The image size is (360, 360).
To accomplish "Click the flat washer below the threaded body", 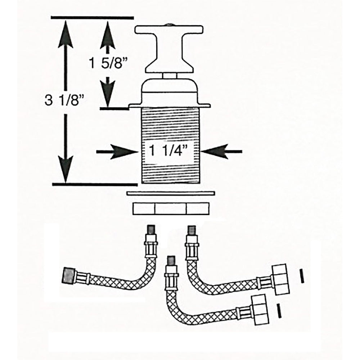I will pos(171,194).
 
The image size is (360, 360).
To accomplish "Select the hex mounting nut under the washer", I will pos(171,208).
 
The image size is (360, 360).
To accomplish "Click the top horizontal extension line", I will pos(93,18).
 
